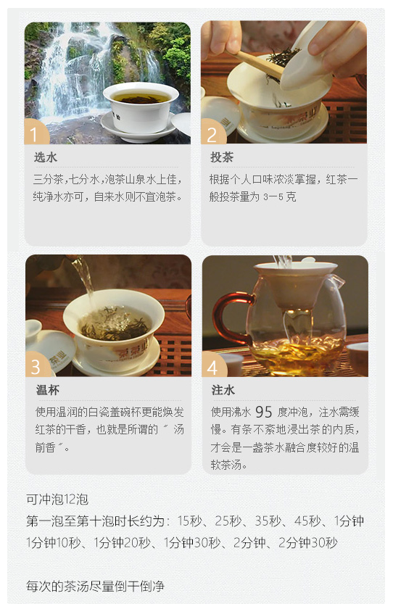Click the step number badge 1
[36, 132]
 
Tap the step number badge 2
[212, 132]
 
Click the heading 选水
[46, 157]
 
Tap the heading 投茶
[222, 157]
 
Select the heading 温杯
[47, 390]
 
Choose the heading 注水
[223, 390]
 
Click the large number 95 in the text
[264, 412]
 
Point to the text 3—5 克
[280, 197]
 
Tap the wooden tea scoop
[259, 63]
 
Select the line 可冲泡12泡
[57, 500]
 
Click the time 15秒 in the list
[189, 521]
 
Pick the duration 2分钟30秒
[308, 542]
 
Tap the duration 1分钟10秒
[54, 542]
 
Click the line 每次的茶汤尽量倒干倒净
[95, 586]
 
